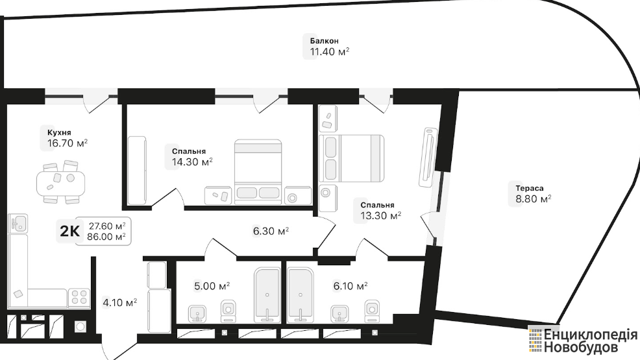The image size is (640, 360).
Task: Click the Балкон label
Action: tap(324, 41)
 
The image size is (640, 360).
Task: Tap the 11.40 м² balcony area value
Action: tap(329, 52)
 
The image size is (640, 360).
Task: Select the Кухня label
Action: tap(59, 132)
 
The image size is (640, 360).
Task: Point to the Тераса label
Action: tap(530, 188)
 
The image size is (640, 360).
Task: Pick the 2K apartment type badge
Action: tap(70, 231)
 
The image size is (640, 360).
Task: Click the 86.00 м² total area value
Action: tap(106, 237)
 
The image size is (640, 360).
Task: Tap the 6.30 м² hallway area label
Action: tap(271, 232)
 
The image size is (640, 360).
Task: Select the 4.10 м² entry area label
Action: tap(119, 302)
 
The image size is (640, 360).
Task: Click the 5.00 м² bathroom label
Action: tap(212, 286)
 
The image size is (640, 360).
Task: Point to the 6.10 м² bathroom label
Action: tap(351, 286)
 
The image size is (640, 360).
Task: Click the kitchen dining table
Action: tap(61, 183)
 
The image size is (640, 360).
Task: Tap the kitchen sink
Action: tap(18, 223)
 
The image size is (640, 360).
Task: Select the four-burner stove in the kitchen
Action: tap(79, 297)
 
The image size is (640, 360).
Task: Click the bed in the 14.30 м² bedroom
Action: tap(258, 172)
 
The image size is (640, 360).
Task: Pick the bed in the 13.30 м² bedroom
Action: tap(351, 158)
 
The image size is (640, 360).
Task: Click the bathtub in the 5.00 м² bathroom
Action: tap(267, 294)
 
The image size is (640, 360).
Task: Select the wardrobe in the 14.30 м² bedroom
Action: tap(137, 171)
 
